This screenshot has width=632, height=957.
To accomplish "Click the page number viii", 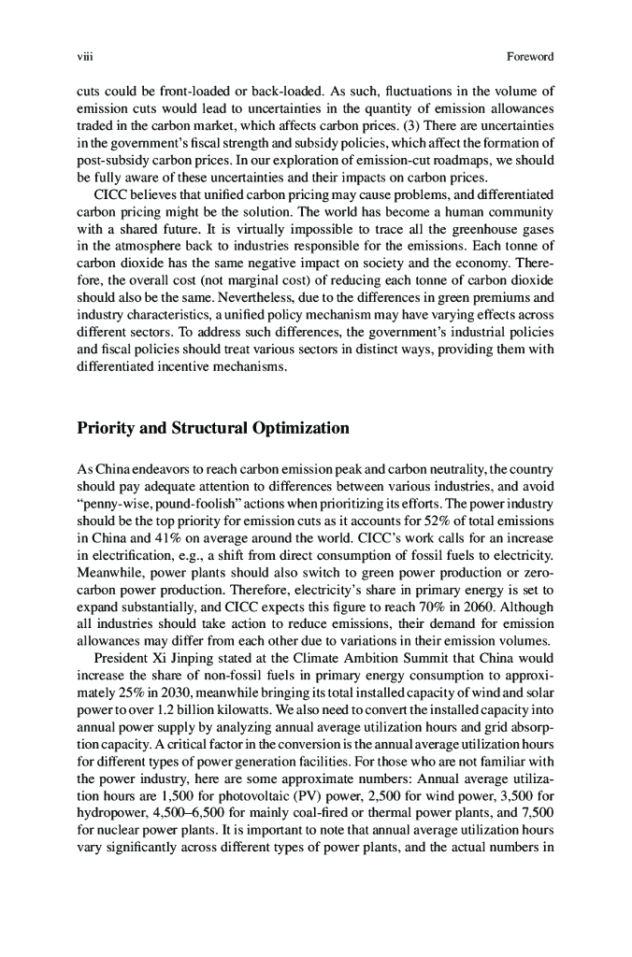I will [82, 57].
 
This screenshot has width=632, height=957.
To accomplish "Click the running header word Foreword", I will [530, 57].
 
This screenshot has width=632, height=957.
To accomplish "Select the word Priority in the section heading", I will [110, 430].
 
